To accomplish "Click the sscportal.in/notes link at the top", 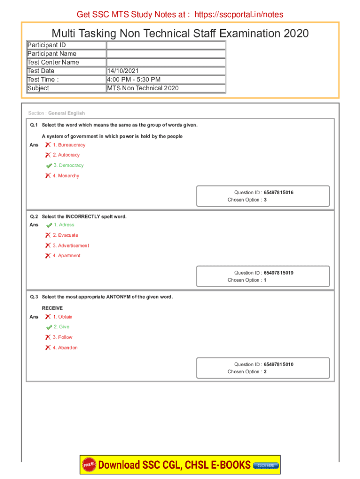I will tap(238, 15).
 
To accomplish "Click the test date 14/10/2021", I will tap(123, 71).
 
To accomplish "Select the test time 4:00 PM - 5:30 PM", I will tap(134, 80).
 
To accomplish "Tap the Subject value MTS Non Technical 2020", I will tap(143, 88).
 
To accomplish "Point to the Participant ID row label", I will tap(46, 45).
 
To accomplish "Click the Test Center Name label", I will tap(53, 62).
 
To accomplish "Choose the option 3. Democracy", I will tap(68, 166).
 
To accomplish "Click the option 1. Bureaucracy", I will tap(69, 145).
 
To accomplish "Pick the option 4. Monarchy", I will tap(66, 176).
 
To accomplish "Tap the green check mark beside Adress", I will tap(49, 225).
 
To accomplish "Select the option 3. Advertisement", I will tap(71, 246).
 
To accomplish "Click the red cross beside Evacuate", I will tap(48, 235).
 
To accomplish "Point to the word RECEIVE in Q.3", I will tap(52, 308).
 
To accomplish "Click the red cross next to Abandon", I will tap(48, 348).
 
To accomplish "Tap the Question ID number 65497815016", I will tap(279, 193).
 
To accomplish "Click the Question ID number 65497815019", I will tap(279, 273).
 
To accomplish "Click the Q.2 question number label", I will tap(34, 217).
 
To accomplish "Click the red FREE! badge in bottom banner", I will tap(89, 464).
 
